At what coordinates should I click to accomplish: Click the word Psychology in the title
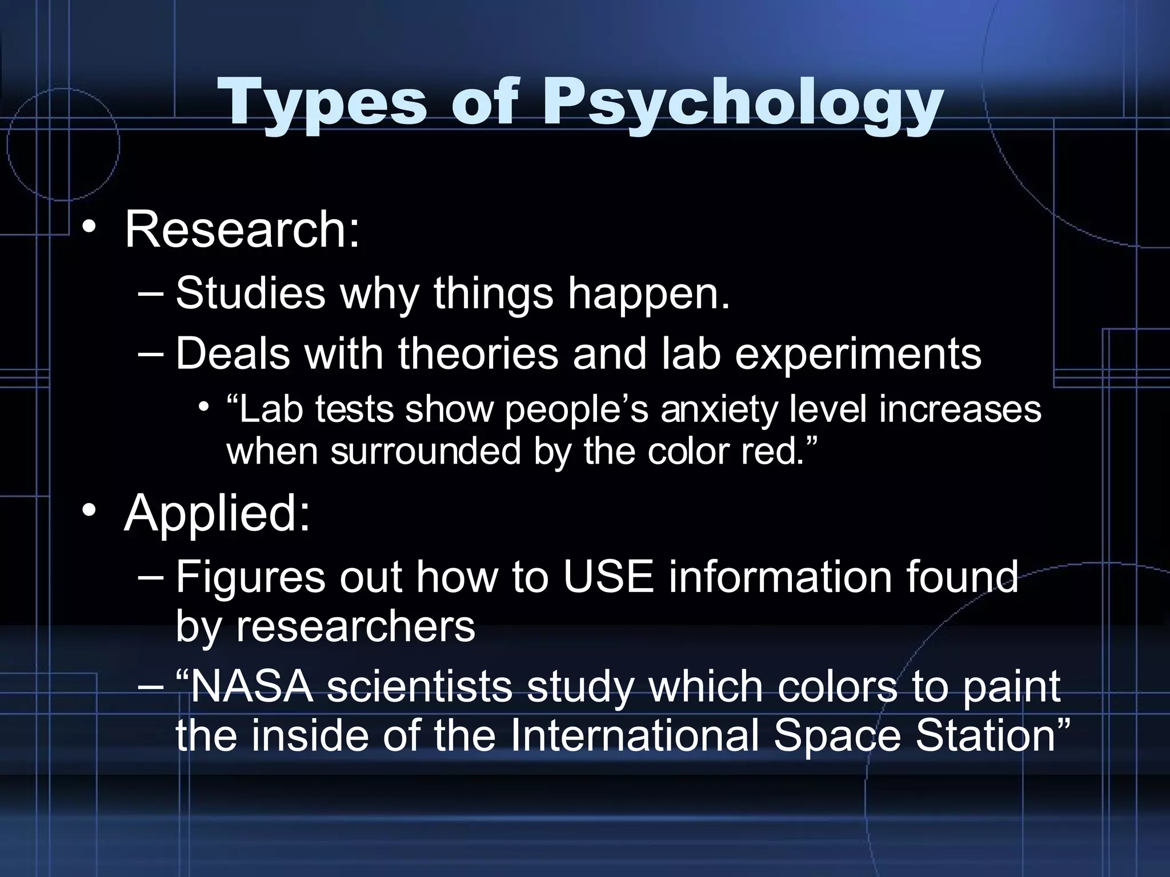[x=742, y=104]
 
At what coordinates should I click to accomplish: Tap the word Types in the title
[x=322, y=104]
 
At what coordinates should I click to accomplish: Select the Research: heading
[x=242, y=230]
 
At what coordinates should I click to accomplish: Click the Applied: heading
[x=217, y=513]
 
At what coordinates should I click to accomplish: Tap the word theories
[x=478, y=353]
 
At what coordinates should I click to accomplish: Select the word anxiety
[x=718, y=411]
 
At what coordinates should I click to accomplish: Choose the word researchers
[x=355, y=626]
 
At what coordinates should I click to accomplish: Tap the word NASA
[x=251, y=686]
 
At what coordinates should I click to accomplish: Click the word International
[x=634, y=735]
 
